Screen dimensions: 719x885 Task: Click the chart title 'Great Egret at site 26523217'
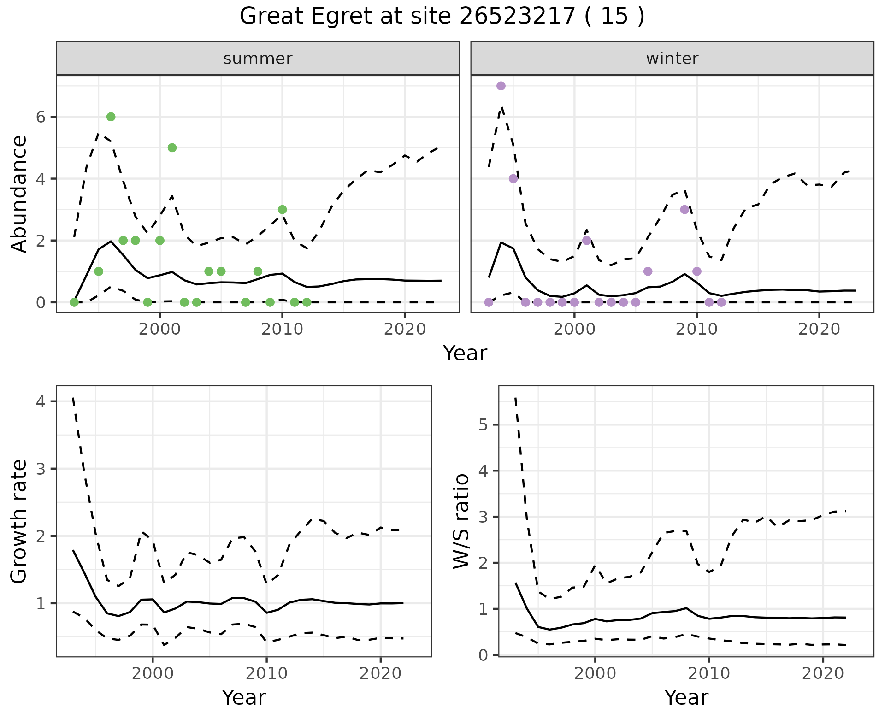442,17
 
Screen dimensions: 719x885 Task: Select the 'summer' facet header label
258,59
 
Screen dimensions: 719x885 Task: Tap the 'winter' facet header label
672,59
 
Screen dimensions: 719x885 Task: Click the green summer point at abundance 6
111,117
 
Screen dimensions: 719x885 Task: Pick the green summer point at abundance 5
172,148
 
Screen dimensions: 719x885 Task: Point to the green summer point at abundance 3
282,210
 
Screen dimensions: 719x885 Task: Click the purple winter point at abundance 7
501,86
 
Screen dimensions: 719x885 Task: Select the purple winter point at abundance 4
513,179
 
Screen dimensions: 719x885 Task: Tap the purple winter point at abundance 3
684,210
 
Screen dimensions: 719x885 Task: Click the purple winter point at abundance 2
586,241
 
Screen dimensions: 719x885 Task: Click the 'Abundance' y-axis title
19,194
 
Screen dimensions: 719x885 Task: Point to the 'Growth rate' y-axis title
19,521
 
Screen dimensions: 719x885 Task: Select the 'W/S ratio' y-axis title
461,521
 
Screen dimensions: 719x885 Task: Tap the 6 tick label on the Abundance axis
41,117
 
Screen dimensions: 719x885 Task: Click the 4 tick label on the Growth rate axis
41,401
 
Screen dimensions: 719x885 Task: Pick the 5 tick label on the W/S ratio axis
483,424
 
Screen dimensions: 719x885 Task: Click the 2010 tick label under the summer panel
282,329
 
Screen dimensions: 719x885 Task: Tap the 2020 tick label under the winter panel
819,329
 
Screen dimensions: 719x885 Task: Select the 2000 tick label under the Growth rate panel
153,673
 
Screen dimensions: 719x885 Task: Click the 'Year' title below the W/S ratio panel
686,698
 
